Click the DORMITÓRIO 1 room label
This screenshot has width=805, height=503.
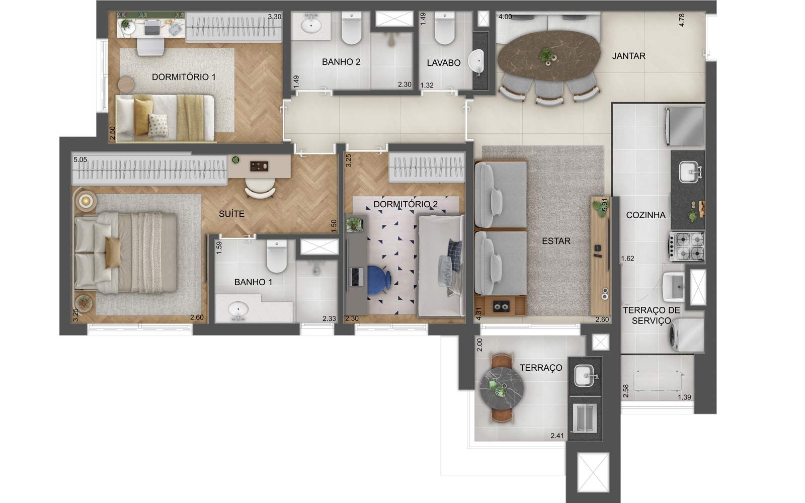tap(184, 77)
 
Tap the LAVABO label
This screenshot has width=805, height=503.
tap(443, 63)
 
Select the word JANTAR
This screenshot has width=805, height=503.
tap(629, 56)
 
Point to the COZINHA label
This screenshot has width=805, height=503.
tap(646, 215)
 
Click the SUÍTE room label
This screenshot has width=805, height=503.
tap(231, 214)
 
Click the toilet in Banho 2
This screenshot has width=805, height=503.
tap(351, 28)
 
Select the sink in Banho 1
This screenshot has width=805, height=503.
tap(237, 309)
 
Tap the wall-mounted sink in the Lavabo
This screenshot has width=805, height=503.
tap(476, 62)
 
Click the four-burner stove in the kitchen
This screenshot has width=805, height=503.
tap(687, 246)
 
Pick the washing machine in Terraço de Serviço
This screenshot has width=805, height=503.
tap(685, 335)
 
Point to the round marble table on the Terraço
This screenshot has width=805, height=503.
tap(501, 388)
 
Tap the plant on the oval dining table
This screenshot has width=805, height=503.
tap(546, 55)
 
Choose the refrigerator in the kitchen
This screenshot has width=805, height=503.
tap(684, 126)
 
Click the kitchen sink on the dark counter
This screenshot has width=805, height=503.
tap(690, 172)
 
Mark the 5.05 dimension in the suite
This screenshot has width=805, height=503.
tap(80, 159)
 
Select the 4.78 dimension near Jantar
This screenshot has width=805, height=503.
tap(681, 20)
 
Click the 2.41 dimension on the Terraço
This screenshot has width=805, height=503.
tap(557, 436)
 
